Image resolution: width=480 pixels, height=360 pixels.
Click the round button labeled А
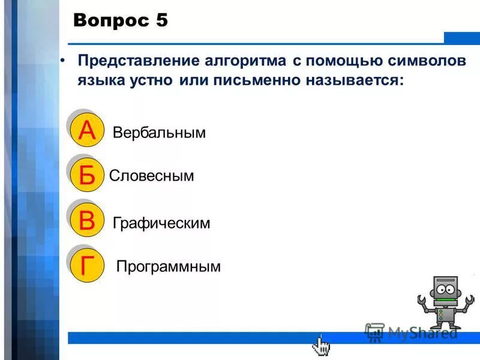pos(87,131)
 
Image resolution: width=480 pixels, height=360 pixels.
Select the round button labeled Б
pos(87,176)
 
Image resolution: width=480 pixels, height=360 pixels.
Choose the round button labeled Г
pos(87,265)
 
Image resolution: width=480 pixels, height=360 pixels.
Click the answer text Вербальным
pos(159,133)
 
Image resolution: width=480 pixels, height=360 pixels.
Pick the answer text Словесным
pos(152,176)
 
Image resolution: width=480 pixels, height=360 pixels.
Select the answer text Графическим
pos(161,223)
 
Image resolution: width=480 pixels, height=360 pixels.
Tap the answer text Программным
pos(169,266)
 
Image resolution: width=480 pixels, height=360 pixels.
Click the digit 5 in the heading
pos(161,21)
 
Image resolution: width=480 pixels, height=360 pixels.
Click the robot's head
pos(445,289)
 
